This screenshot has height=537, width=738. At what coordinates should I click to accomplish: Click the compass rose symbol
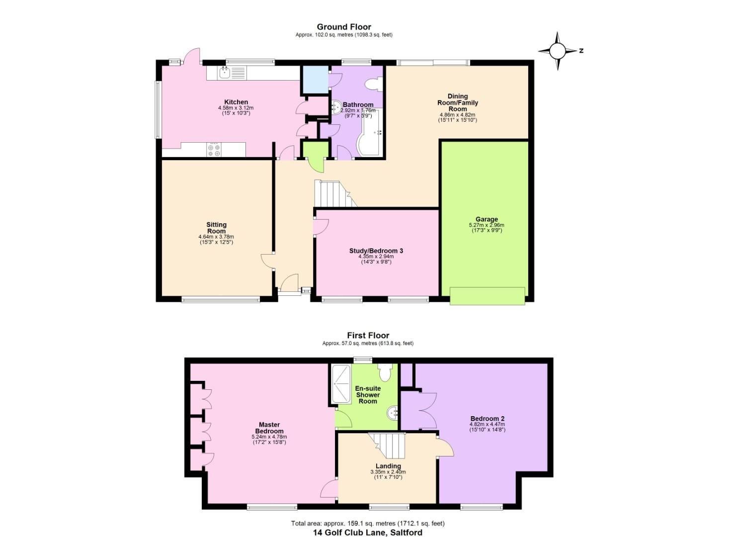tap(557, 51)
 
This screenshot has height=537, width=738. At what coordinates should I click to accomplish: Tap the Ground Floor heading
tap(344, 27)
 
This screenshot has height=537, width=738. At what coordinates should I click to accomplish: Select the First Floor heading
tap(368, 336)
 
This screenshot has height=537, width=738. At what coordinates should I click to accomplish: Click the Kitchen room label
tap(236, 102)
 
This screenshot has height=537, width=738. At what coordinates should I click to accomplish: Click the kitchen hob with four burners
tap(214, 150)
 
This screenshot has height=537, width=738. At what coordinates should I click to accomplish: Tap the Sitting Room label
tap(216, 228)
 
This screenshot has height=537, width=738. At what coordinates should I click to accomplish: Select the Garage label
tap(486, 219)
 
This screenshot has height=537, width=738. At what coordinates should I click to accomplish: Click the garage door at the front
tap(487, 295)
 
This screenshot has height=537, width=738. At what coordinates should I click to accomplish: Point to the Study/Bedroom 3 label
tap(376, 251)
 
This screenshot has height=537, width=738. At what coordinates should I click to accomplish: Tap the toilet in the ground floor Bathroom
tap(372, 84)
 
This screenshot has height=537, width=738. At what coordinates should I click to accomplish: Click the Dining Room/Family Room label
tap(457, 102)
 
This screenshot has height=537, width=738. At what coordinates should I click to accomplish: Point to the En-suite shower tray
tap(341, 383)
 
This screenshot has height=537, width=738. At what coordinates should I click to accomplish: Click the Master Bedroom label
tap(269, 428)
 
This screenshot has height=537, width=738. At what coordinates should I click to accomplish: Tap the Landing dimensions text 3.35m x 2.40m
tap(388, 472)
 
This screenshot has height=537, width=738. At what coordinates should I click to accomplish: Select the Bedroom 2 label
tap(487, 419)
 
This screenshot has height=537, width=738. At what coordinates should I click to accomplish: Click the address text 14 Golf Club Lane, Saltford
tap(367, 533)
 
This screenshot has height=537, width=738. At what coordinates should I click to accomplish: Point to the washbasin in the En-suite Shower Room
tap(393, 412)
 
